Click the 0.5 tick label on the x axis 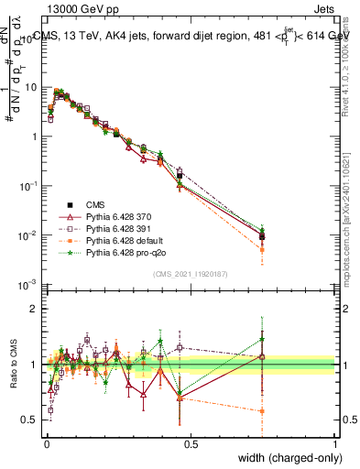191,442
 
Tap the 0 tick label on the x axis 46,442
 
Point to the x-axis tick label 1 335,442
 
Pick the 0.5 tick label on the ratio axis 31,420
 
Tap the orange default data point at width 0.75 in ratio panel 263,411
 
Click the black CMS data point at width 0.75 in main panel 263,236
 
